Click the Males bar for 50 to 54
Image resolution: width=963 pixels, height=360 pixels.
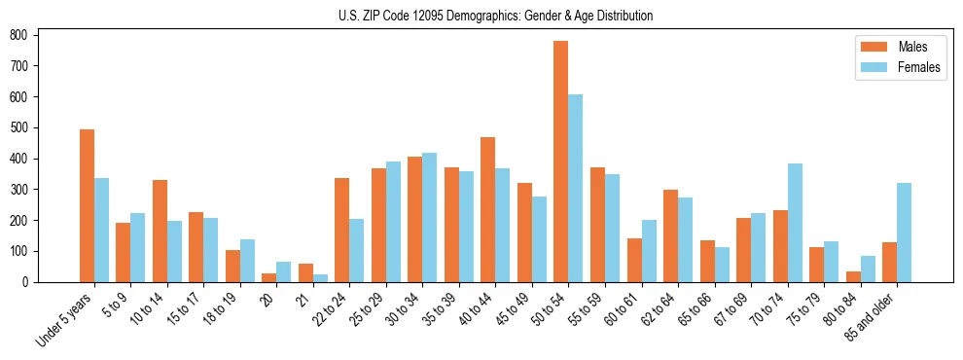[560, 162]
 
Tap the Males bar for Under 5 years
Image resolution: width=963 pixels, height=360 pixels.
[87, 205]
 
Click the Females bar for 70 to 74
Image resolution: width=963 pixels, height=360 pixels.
[794, 223]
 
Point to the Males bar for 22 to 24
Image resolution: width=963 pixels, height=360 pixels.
[341, 230]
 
